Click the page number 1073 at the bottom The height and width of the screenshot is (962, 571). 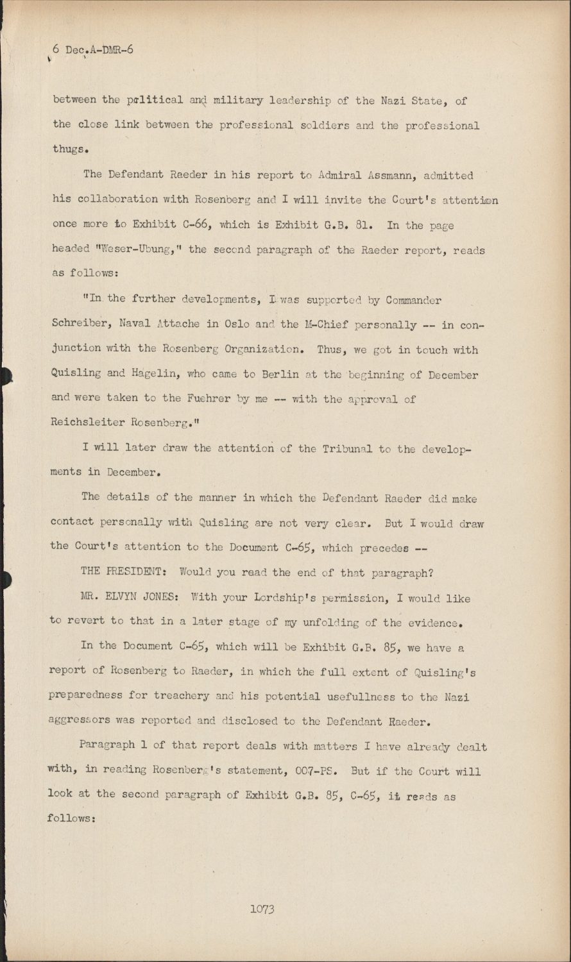click(x=262, y=909)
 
